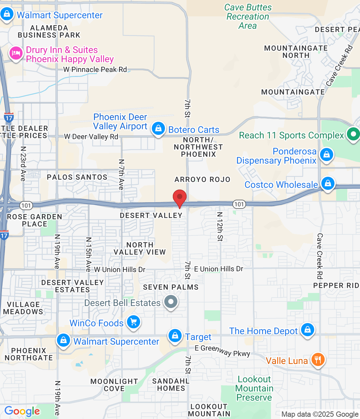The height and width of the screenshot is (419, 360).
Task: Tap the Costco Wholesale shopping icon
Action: pos(328,183)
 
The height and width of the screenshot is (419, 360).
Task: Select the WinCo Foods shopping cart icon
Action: pos(134,322)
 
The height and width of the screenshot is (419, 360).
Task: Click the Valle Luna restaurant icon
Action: pos(317,360)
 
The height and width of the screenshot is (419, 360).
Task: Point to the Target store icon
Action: pos(175,336)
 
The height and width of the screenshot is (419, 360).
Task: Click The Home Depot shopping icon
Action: pos(308,330)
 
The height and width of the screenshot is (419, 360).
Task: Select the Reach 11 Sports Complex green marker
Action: pos(353,134)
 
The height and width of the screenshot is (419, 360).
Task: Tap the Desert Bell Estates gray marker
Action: pos(171,301)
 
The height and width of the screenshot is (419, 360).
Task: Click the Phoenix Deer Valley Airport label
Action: pos(120,121)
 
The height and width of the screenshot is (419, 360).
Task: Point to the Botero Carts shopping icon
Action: pos(158,129)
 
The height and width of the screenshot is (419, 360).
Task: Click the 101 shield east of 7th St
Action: pos(239,204)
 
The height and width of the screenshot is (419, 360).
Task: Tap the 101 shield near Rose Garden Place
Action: pos(26,206)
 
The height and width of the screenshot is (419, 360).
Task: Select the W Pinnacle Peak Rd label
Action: pos(95,69)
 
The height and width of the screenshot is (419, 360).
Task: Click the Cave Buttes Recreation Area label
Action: pos(248,16)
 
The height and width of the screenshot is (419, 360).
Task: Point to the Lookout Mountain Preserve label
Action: pos(254,388)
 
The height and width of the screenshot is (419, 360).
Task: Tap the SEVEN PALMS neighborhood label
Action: pos(171,287)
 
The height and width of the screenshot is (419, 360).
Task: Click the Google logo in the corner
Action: pos(22,411)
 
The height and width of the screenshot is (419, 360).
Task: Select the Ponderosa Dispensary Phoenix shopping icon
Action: pos(327,155)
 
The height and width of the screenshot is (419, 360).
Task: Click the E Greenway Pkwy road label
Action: pos(223,351)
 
